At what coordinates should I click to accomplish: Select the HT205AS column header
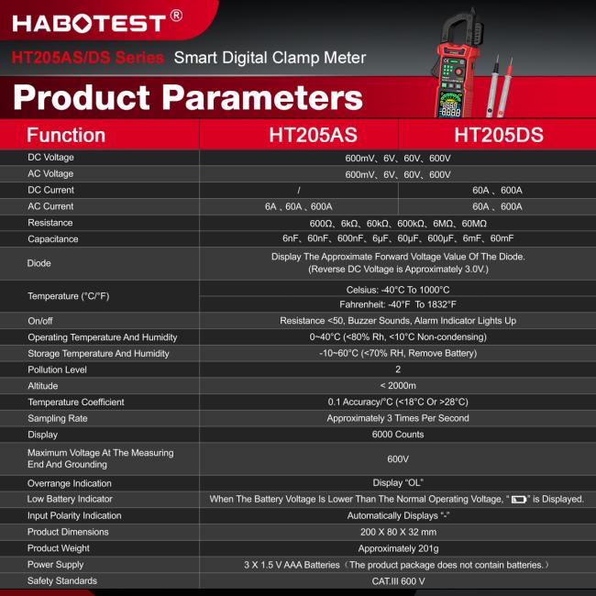pos(313,135)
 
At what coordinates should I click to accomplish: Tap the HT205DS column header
pos(499,135)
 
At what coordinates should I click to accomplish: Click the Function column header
pos(66,135)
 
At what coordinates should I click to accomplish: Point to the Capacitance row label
pos(53,239)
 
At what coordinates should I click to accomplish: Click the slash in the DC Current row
pos(299,190)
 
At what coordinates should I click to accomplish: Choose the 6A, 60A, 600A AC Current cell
pos(299,206)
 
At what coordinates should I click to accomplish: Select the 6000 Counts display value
pos(398,435)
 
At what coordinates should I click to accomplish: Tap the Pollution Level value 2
pos(398,370)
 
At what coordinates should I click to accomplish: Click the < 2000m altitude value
pos(398,386)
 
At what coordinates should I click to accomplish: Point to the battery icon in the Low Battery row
pos(521,500)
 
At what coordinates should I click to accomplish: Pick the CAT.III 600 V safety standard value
pos(398,581)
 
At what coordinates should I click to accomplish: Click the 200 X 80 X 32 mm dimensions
pos(398,532)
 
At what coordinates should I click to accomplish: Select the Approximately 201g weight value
pos(398,548)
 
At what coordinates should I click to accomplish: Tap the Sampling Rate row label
pos(57,418)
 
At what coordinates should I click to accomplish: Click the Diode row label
pos(39,263)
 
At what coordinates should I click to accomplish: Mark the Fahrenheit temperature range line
pos(398,304)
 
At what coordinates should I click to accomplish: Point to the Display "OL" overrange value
pos(398,483)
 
